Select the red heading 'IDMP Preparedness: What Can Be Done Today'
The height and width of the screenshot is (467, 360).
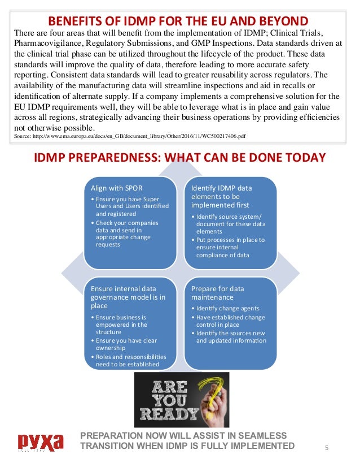pos(180,157)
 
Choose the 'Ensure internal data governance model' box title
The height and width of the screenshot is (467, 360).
pos(129,298)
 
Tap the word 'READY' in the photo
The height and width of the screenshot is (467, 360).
pos(169,414)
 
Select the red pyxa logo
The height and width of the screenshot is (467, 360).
pos(40,442)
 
